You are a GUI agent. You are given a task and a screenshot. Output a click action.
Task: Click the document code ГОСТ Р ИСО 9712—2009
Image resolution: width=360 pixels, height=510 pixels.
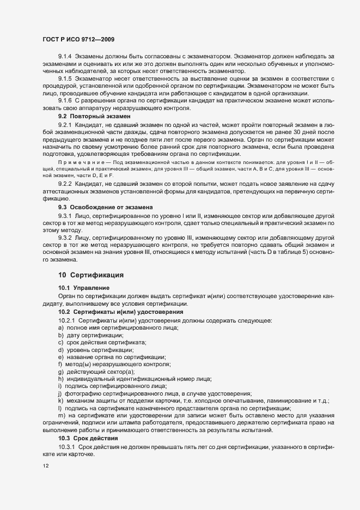click(78, 40)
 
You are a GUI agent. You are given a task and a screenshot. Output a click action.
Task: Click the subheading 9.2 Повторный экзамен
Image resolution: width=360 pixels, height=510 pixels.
click(94, 117)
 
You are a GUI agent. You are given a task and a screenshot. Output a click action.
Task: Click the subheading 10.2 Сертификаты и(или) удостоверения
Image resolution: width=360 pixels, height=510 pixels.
click(120, 312)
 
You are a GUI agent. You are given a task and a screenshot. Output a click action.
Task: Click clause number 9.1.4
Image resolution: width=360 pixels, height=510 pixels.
click(65, 56)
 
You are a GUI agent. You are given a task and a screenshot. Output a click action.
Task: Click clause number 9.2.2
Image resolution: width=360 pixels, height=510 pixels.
click(65, 185)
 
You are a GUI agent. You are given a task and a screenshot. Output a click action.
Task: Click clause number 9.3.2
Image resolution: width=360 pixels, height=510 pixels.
click(65, 238)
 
